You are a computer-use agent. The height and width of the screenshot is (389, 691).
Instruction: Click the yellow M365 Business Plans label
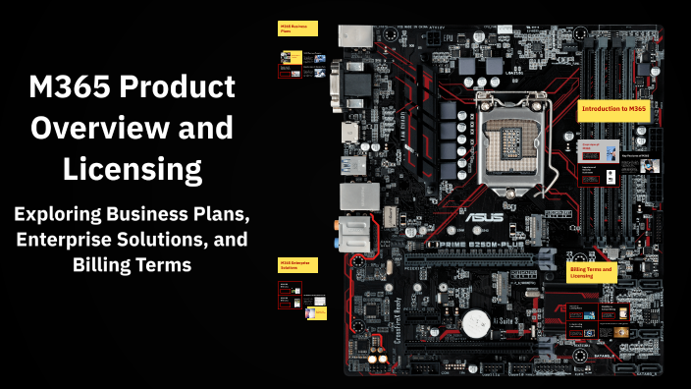(296, 28)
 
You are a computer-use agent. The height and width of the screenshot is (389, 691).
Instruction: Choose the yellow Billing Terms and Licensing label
(593, 272)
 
